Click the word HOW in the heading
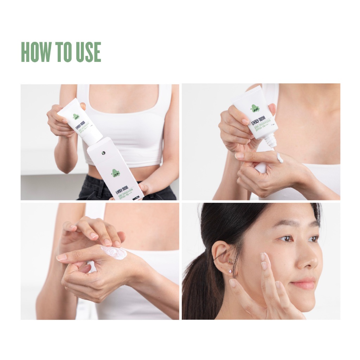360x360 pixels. (37, 52)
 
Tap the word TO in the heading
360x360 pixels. (62, 52)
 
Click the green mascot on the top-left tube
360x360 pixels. (76, 116)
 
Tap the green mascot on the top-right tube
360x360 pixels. (255, 108)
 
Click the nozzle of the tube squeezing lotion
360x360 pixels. (270, 142)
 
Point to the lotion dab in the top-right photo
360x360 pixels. (279, 158)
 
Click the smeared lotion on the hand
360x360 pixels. (114, 252)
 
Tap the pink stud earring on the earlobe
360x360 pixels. (230, 271)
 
